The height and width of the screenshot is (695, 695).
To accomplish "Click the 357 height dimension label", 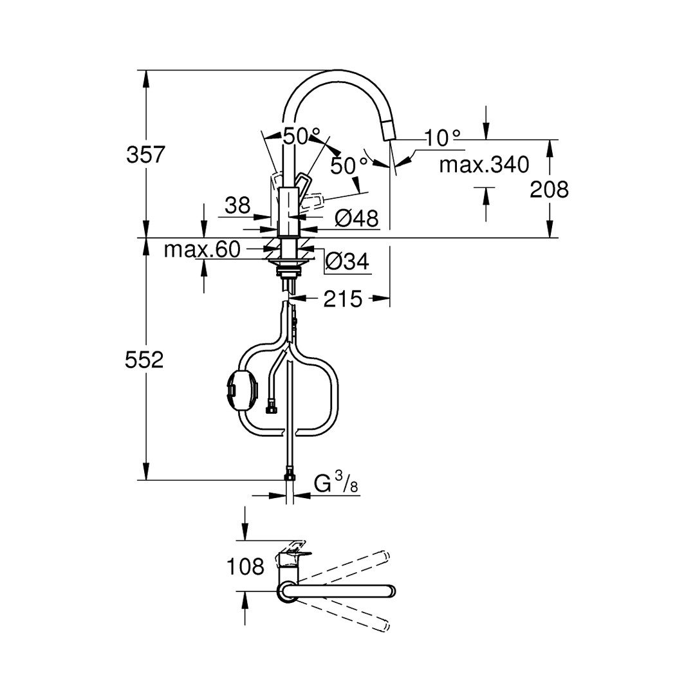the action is point(145,155).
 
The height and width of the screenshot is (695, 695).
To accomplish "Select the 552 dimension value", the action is point(145,360).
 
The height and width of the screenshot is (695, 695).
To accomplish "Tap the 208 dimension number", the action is point(549,190).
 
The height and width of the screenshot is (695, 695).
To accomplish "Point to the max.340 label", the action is point(484,165).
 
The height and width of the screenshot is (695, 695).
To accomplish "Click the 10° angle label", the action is point(443,138).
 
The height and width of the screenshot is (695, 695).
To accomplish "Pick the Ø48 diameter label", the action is point(357,218).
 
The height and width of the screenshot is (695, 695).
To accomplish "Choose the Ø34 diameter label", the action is point(347,261).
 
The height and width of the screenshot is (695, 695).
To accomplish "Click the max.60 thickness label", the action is point(202,250).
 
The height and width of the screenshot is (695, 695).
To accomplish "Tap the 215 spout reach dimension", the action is point(342,299).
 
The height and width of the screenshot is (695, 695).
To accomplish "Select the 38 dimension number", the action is point(237,205).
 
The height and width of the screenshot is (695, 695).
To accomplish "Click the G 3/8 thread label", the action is point(335,483).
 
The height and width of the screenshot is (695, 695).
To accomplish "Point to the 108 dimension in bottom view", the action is point(245,566).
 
